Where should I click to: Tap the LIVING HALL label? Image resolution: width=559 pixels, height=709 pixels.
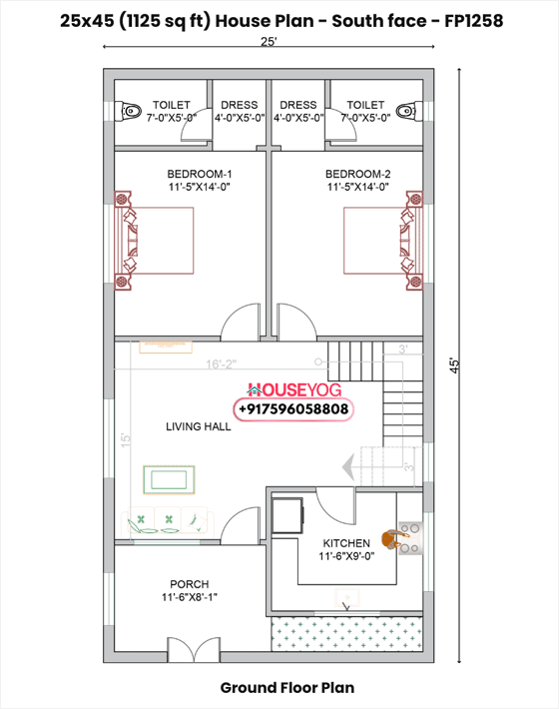tap(198, 426)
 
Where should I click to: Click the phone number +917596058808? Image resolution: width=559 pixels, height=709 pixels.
tap(292, 409)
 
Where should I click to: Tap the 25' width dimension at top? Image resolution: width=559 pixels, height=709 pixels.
tap(269, 43)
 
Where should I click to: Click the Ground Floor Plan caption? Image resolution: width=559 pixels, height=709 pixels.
tap(286, 688)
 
